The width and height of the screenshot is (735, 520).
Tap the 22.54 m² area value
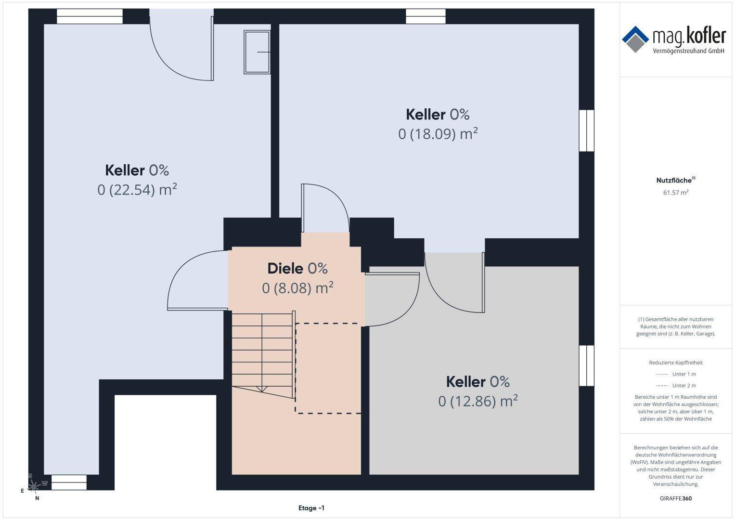pyautogui.click(x=137, y=190)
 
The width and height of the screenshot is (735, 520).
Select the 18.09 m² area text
pyautogui.click(x=438, y=134)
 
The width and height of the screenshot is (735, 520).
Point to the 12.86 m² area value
pyautogui.click(x=478, y=401)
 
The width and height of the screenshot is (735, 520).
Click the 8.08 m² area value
pyautogui.click(x=297, y=288)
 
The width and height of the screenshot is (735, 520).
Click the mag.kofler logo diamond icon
pyautogui.click(x=635, y=39)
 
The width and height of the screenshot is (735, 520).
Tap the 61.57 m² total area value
pyautogui.click(x=676, y=193)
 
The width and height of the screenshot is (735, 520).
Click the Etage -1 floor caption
pyautogui.click(x=311, y=508)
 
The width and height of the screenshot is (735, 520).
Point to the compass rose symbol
pyautogui.click(x=33, y=485)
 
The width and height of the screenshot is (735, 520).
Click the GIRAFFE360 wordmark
pyautogui.click(x=676, y=498)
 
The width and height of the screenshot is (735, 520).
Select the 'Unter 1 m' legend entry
pyautogui.click(x=676, y=374)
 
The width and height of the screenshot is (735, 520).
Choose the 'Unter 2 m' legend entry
pyautogui.click(x=676, y=385)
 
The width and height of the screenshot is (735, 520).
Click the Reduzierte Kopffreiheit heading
pyautogui.click(x=676, y=363)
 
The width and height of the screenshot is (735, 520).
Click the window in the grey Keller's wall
pyautogui.click(x=586, y=366)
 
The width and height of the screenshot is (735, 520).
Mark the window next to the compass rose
pyautogui.click(x=69, y=482)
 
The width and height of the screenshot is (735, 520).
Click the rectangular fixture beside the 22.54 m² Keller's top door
pyautogui.click(x=257, y=52)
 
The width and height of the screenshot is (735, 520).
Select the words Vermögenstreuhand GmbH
pyautogui.click(x=688, y=51)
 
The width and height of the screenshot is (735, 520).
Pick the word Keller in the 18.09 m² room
pyautogui.click(x=426, y=115)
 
